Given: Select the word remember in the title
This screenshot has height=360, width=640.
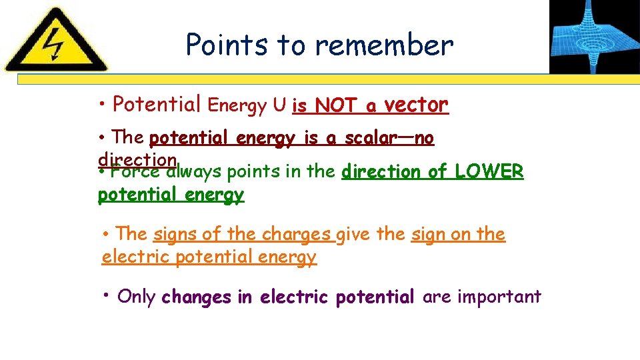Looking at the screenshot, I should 384,45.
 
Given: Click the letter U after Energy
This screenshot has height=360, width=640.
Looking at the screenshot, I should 279,105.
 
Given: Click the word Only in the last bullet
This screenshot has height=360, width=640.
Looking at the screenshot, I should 136,297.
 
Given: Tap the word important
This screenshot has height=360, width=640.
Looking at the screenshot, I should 499,297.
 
